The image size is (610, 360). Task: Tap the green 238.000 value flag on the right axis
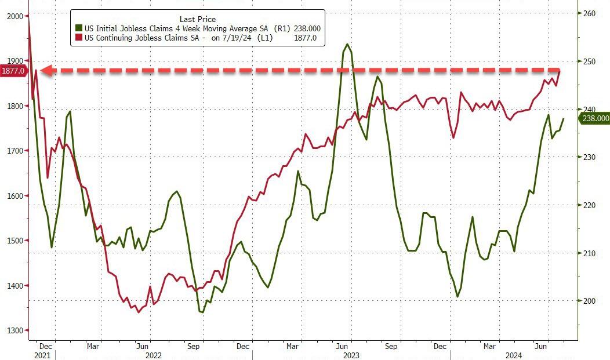point(596,118)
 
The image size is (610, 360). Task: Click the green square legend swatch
point(78,28)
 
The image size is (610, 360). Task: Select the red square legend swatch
point(78,38)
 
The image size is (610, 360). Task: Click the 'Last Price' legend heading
point(198,19)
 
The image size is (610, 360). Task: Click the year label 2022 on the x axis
point(153,354)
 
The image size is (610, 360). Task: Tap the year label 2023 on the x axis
point(351,354)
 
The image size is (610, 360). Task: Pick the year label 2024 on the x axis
point(513,354)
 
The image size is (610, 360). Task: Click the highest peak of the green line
point(347,44)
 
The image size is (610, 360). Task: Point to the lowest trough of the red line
point(138,312)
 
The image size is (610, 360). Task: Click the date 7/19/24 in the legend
point(237,38)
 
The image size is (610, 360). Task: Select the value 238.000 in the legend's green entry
point(306,28)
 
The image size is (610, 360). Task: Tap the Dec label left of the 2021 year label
point(46,346)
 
